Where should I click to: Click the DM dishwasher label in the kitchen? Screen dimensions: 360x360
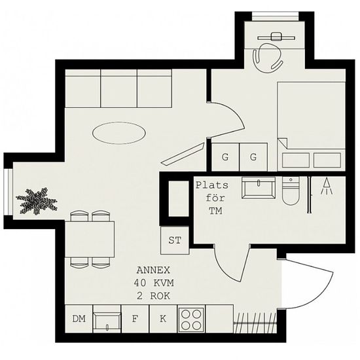point(79,319)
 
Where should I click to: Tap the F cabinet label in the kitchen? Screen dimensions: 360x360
point(135,319)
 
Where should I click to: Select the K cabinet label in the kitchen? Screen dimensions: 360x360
point(163,319)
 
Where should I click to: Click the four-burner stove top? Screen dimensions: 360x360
point(191,319)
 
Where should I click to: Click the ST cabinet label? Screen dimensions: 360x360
point(175,240)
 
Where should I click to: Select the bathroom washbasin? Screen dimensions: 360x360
point(259,188)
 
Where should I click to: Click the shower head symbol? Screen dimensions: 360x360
point(327,186)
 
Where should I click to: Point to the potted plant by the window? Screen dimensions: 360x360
point(37,201)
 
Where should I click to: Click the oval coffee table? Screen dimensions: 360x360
point(119,133)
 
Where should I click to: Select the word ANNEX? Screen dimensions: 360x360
point(153,270)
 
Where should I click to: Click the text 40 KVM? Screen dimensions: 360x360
point(154,283)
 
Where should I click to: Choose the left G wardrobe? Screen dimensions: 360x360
point(225,157)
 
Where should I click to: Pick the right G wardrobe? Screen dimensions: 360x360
point(253,157)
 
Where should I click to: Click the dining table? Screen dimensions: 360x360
point(90,239)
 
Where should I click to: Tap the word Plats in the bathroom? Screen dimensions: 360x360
point(212,185)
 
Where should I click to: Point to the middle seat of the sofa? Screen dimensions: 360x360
point(119,88)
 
